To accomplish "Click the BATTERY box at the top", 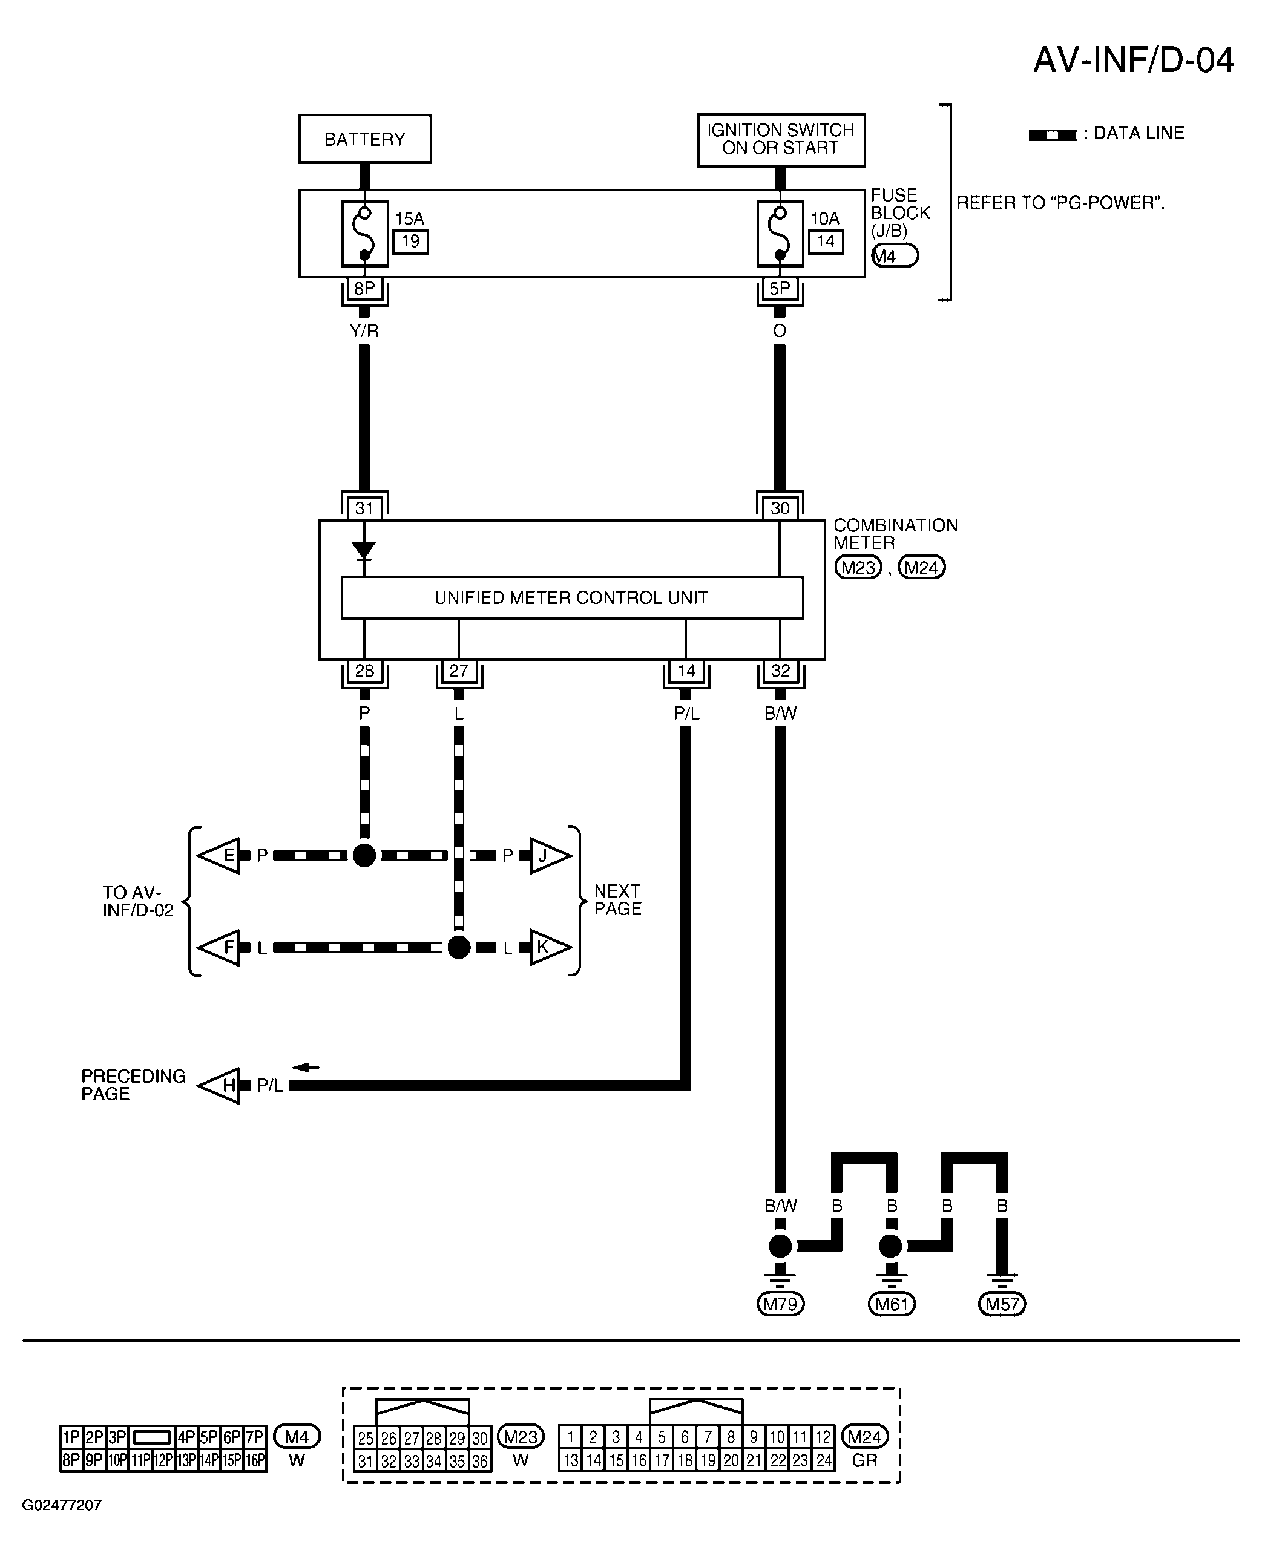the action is point(364,139).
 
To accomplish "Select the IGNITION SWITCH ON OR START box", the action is point(781,140).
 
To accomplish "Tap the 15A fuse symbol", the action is point(365,233).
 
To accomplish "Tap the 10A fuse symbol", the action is point(780,233).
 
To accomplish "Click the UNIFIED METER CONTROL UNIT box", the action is point(572,597).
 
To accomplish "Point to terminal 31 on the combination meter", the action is point(364,508).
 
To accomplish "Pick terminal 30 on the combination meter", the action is point(780,508).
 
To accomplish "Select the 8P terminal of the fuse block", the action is point(364,289).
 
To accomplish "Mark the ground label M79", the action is point(780,1304).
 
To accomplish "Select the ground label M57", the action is point(1002,1304).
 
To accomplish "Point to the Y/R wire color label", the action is point(364,330).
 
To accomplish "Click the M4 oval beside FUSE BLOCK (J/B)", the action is point(895,256).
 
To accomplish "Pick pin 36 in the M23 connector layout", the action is point(480,1461).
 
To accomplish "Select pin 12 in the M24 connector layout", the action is point(823,1437).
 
